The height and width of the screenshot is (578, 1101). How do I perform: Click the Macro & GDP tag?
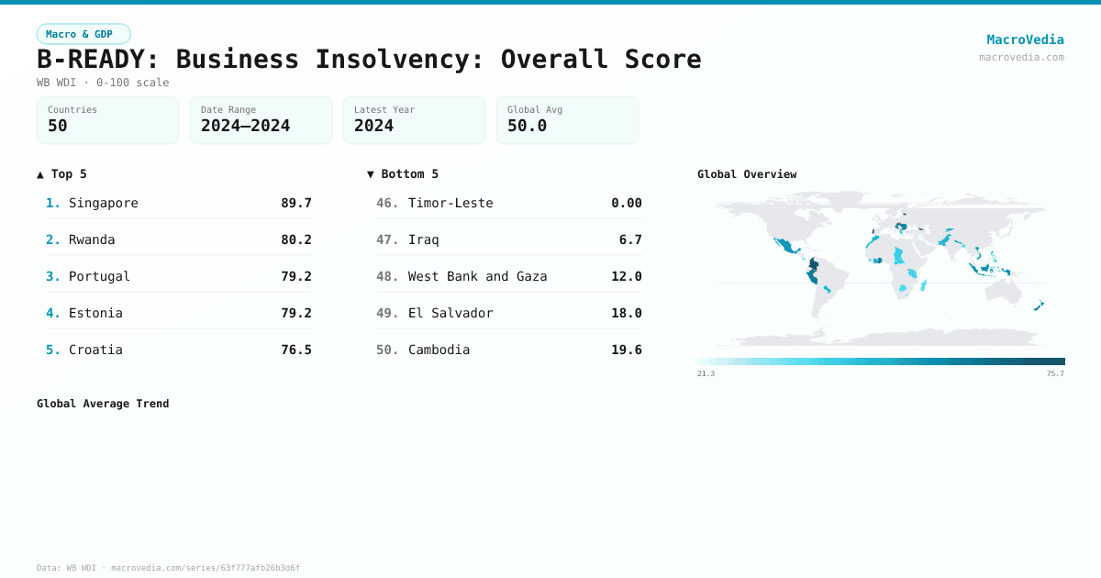[x=83, y=34]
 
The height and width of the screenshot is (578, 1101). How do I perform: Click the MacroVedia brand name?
[x=1025, y=39]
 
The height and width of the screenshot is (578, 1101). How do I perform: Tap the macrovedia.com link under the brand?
[x=1021, y=57]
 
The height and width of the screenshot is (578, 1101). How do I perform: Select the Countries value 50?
[x=58, y=126]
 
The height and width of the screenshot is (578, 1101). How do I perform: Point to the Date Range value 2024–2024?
[x=245, y=126]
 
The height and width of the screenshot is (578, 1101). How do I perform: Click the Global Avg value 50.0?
[x=527, y=126]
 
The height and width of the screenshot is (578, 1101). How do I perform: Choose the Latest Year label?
[x=384, y=109]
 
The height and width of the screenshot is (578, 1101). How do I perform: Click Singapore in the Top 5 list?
[x=104, y=203]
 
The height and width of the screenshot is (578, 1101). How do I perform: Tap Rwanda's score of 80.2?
[x=296, y=239]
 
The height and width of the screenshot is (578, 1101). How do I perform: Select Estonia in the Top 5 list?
[x=95, y=313]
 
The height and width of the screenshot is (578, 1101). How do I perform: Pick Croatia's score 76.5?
[x=296, y=350]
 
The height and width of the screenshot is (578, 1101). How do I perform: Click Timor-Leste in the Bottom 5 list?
[x=450, y=203]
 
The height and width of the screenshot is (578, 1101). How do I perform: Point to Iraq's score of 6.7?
[x=630, y=239]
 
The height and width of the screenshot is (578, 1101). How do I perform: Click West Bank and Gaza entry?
[x=477, y=276]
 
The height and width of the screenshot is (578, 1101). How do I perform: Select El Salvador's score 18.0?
[x=627, y=313]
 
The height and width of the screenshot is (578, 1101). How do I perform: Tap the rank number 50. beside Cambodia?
[x=387, y=350]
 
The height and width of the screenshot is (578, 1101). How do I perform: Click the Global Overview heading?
[x=747, y=174]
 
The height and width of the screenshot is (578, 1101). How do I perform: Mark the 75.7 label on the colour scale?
[x=1055, y=373]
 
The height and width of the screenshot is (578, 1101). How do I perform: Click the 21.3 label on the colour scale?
[x=706, y=373]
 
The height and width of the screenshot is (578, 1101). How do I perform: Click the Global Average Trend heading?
[x=103, y=404]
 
